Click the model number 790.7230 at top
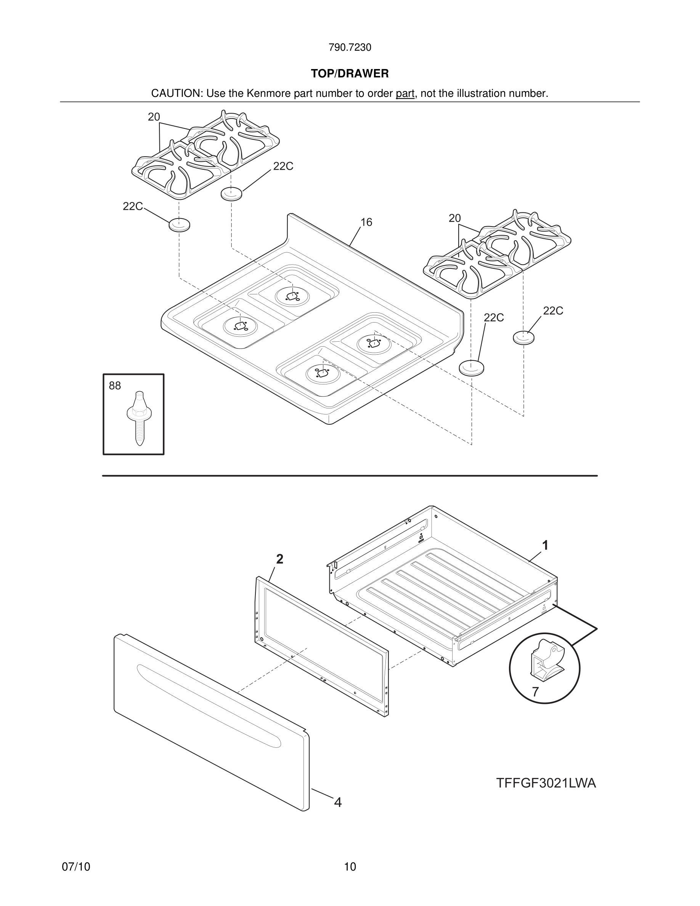[350, 48]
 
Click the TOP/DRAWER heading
[350, 74]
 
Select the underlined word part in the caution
[405, 94]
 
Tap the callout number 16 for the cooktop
[366, 222]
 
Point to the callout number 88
[115, 386]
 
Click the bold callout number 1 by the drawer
[545, 546]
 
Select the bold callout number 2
[280, 559]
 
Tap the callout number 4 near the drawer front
[338, 802]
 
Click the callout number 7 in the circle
[535, 692]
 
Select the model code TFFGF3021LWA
[546, 783]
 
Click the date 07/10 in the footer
[76, 867]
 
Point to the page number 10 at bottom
[350, 867]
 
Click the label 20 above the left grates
[154, 117]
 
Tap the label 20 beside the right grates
[454, 218]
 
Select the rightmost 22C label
[553, 311]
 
